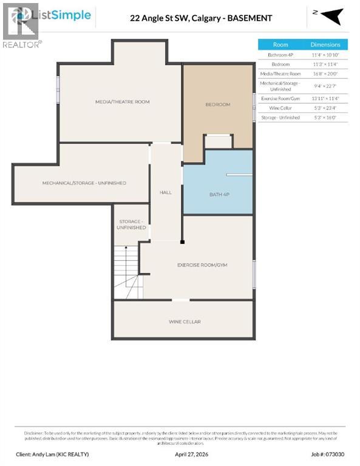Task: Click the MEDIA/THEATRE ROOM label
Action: point(122,102)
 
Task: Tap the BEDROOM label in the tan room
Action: point(218,104)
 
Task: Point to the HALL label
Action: point(166,192)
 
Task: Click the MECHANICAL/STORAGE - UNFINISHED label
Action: point(84,183)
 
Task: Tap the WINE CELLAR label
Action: point(185,322)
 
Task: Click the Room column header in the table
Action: point(280,45)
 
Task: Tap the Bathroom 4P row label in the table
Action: point(280,55)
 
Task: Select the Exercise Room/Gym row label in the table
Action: point(280,98)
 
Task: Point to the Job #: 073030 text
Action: point(328,453)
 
